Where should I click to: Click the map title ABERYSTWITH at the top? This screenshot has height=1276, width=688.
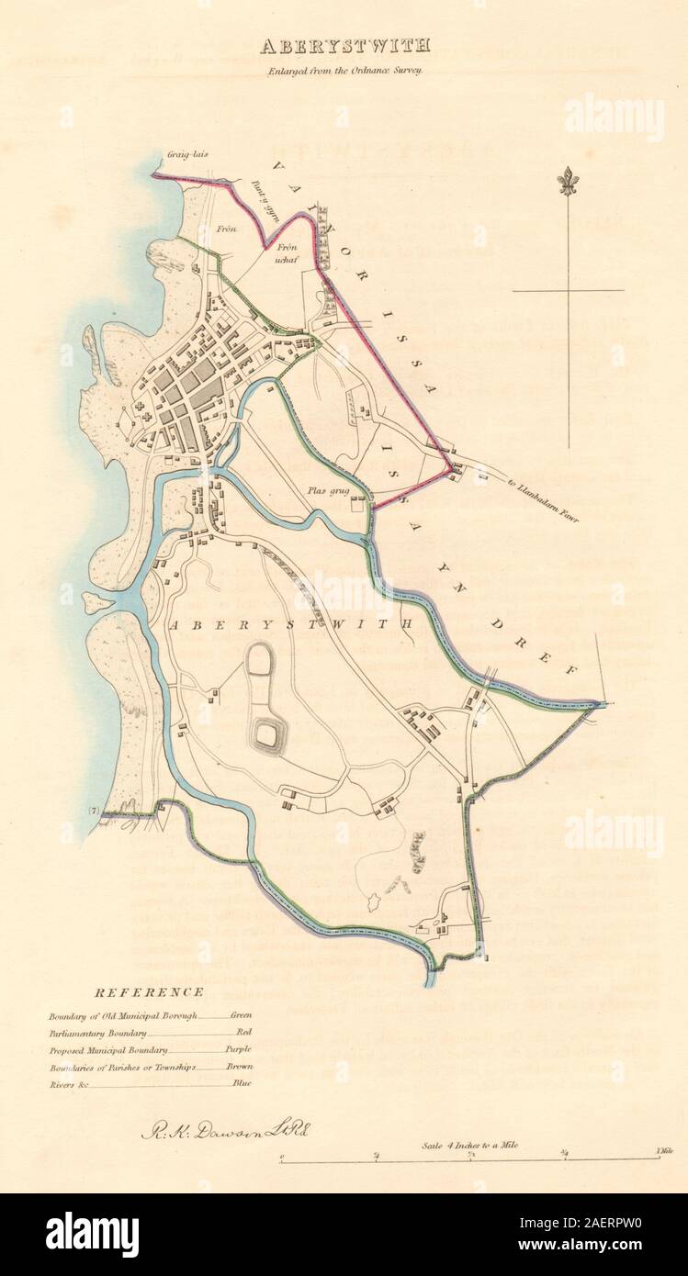point(344,45)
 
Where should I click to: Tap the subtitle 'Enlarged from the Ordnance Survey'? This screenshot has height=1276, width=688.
point(344,70)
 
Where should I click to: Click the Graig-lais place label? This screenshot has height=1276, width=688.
point(187,155)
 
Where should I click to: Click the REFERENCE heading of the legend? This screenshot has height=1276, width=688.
point(149,991)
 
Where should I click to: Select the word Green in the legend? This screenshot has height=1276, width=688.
point(240,1015)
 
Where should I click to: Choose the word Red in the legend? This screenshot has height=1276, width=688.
point(243,1032)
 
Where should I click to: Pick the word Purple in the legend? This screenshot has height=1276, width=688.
point(238,1049)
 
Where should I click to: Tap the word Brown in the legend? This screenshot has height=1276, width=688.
point(240,1067)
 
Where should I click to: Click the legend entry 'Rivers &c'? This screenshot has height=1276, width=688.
point(63,1083)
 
